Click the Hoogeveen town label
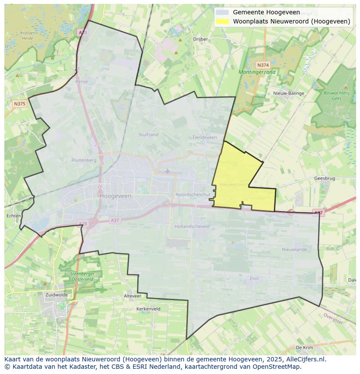(115, 196)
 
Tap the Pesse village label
(81, 81)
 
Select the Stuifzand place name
(148, 135)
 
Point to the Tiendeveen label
(204, 137)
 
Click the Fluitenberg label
(84, 160)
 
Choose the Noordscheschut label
(193, 195)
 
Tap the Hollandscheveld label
(192, 226)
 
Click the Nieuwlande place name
(294, 249)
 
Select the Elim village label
(254, 278)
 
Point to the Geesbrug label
(324, 178)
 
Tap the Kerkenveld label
(148, 309)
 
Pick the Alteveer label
(133, 296)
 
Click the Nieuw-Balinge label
(289, 93)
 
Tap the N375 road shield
(20, 103)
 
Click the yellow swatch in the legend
(223, 21)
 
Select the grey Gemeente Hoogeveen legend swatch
(223, 13)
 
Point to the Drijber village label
(200, 39)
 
